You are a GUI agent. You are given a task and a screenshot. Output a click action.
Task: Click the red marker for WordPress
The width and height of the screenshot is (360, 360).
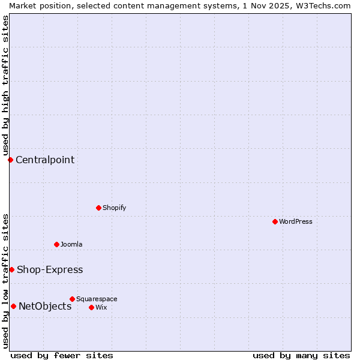coord(275,221)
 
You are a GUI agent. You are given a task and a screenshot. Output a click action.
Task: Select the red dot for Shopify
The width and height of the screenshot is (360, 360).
coord(98,208)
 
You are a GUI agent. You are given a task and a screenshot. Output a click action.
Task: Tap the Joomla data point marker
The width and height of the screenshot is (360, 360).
coord(56,244)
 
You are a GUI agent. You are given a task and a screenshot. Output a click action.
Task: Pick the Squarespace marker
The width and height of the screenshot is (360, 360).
coord(72,299)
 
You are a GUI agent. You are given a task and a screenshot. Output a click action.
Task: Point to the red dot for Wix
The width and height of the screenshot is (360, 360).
coord(91,307)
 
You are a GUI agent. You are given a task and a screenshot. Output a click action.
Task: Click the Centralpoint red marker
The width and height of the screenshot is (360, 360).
coord(10,160)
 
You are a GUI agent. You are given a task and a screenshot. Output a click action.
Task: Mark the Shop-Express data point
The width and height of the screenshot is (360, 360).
coord(11,269)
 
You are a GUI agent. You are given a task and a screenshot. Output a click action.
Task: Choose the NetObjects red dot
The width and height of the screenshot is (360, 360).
coord(13,306)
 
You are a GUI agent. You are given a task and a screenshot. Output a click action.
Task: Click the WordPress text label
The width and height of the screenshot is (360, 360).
coord(296,221)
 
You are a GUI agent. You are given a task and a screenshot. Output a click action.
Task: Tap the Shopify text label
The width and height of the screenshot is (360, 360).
coord(115,208)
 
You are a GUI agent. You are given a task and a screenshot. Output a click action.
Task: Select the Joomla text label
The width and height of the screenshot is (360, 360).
coord(71,244)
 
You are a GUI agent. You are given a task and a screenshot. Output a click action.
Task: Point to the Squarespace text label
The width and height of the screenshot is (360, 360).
coord(97,299)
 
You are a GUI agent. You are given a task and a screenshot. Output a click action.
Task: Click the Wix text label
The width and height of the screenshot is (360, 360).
coord(101,307)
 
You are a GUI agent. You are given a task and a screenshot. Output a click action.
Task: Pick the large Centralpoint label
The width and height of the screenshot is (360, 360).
coord(45,160)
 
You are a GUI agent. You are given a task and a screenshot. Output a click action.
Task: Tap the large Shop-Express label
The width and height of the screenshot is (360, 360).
coord(50,269)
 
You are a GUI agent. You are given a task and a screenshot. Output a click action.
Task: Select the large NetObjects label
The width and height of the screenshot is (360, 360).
coord(45,306)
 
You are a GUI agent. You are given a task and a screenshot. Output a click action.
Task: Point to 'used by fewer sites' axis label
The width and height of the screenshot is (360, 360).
coord(62,355)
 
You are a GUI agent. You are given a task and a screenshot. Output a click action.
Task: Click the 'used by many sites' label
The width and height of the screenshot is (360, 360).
coord(301,355)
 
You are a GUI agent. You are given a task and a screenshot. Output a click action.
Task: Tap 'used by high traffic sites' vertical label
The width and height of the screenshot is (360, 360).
coord(5,85)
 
